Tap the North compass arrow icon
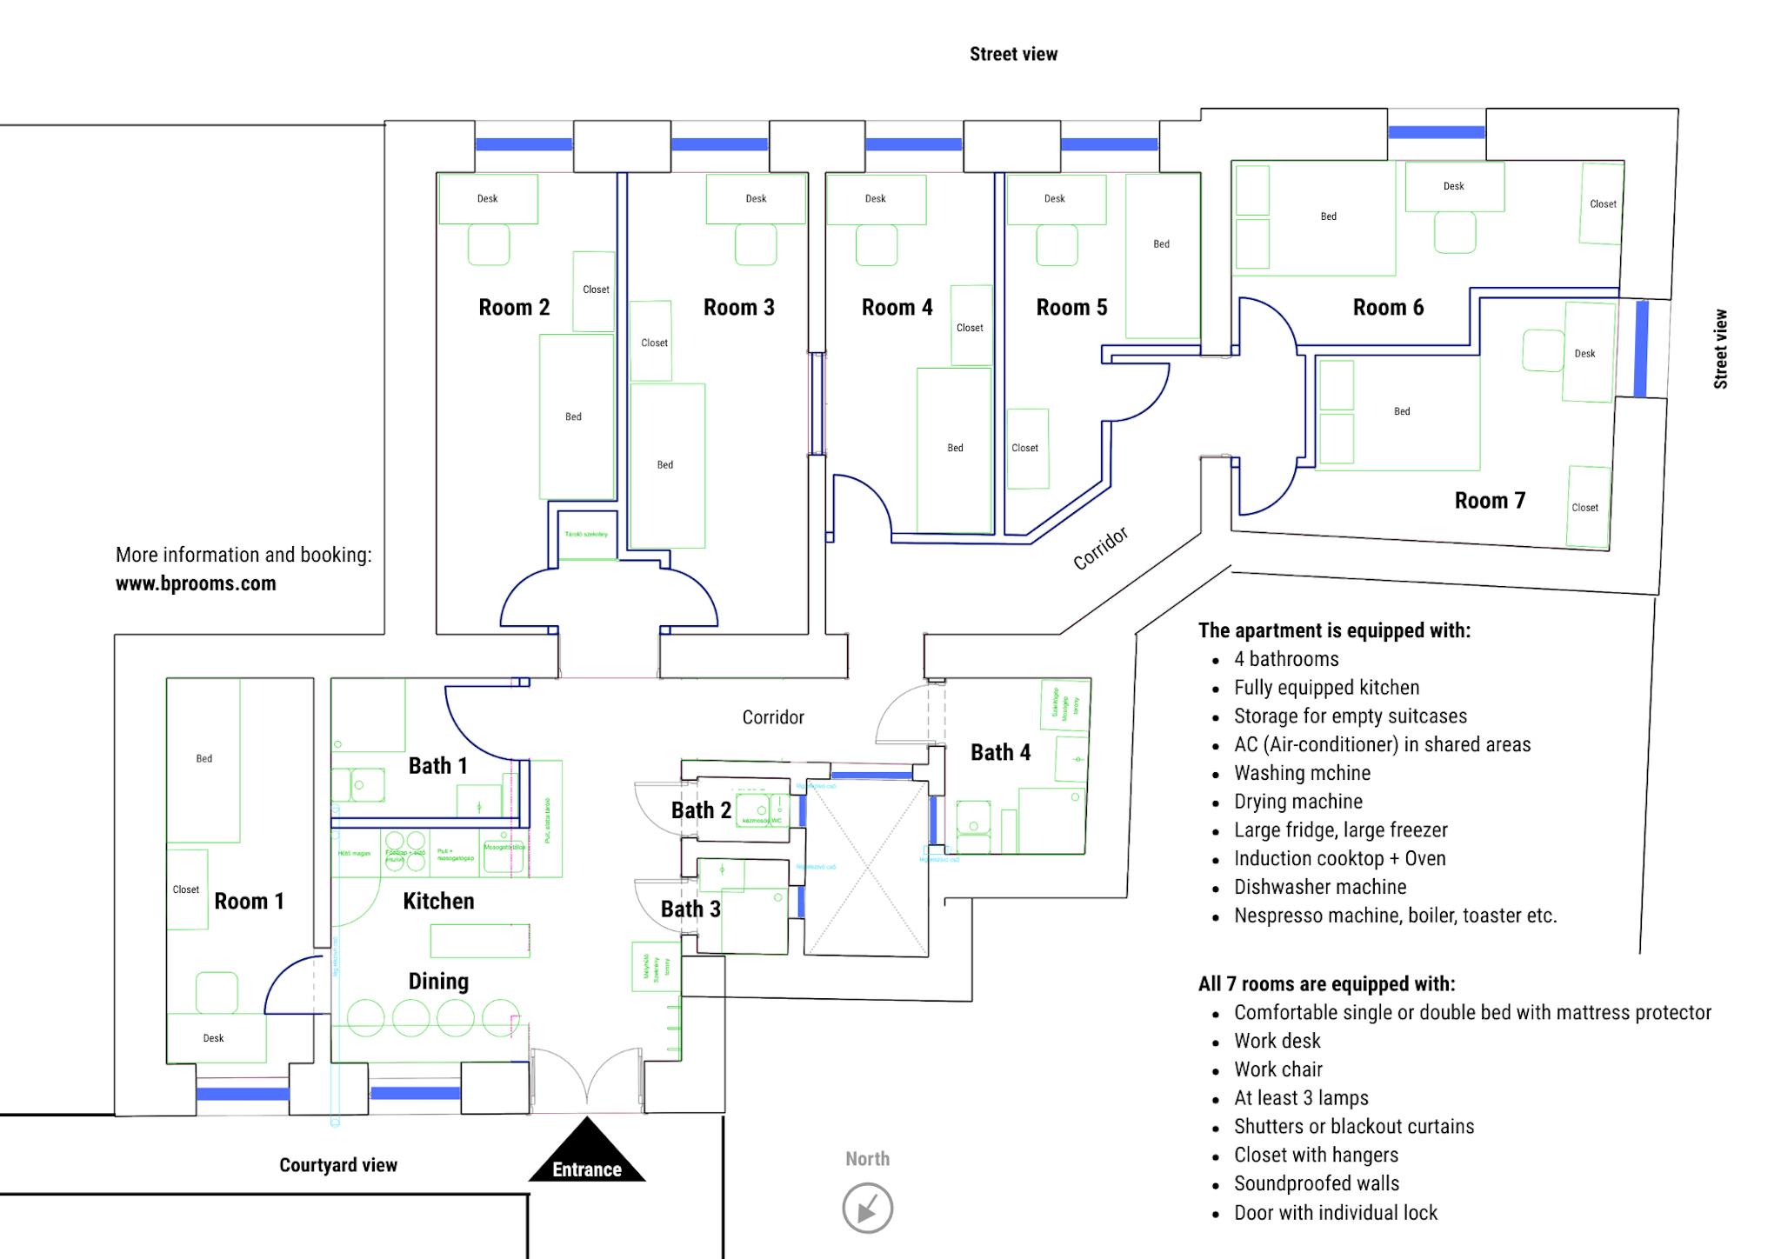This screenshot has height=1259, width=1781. [x=867, y=1208]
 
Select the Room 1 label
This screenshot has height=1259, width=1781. [x=249, y=901]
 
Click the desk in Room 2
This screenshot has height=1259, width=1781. [x=488, y=198]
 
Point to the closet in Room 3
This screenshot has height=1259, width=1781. [x=651, y=342]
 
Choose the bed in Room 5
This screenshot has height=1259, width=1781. [x=1162, y=255]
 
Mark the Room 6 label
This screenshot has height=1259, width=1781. [x=1388, y=307]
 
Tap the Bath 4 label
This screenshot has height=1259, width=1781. [x=1000, y=752]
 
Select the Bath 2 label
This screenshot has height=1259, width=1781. [x=701, y=810]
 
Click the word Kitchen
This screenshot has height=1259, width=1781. [x=438, y=901]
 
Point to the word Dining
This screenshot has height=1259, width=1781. [x=438, y=981]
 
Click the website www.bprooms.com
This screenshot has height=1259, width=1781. [x=196, y=583]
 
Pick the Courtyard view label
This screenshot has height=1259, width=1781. [x=337, y=1165]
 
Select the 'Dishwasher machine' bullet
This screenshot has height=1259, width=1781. [x=1320, y=887]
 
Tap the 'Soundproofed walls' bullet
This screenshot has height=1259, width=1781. [x=1317, y=1183]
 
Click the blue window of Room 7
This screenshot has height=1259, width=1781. [x=1641, y=349]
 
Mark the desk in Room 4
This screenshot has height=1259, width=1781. [x=876, y=198]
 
